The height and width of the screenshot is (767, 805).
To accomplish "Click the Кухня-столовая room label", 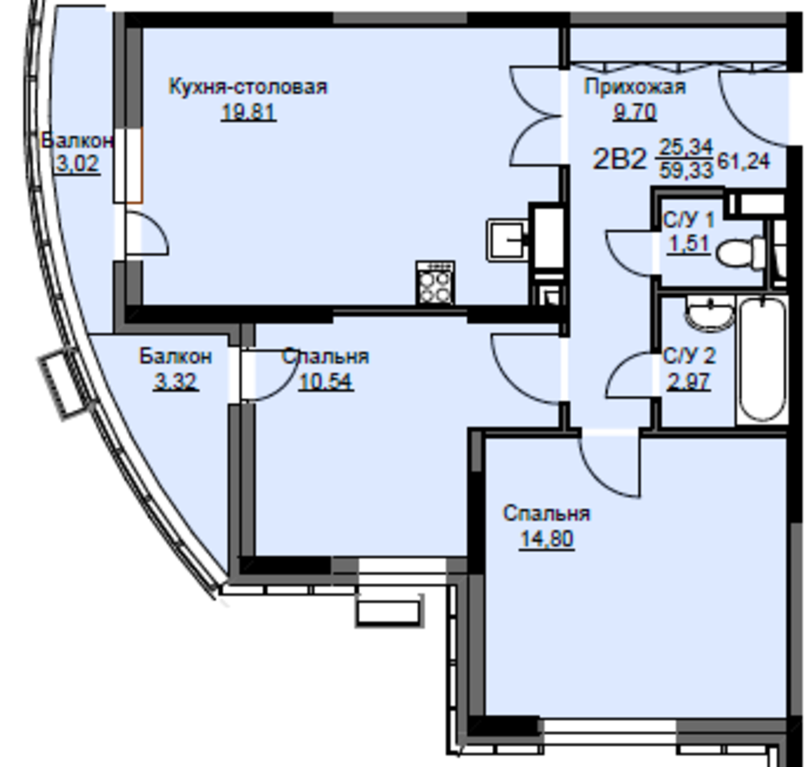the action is pos(248,87).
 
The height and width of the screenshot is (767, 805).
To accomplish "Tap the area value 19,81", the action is pos(249,111).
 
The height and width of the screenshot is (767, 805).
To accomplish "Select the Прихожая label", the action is pos(635,87).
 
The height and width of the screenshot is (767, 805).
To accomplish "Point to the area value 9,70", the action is pos(635,111).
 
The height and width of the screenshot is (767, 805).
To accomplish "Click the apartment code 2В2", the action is pos(619,159).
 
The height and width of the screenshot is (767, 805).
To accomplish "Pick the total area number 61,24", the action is pos(744,162).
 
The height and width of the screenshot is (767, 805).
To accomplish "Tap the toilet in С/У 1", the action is pos(740,252).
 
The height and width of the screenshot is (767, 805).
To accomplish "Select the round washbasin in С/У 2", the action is pos(710,314).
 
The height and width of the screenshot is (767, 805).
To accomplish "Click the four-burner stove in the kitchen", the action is pos(435,283).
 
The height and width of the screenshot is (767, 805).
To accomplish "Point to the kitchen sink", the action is pos(507,240).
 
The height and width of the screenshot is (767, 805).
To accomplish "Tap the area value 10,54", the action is pos(326,382).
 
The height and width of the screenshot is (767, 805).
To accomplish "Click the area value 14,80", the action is pos(546,539).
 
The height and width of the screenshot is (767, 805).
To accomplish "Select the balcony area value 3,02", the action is pos(77,164).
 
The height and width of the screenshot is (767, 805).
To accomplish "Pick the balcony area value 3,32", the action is pos(176,382).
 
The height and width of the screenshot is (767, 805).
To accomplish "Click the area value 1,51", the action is pos(689,244).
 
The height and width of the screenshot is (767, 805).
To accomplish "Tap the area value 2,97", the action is pos(689,382).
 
